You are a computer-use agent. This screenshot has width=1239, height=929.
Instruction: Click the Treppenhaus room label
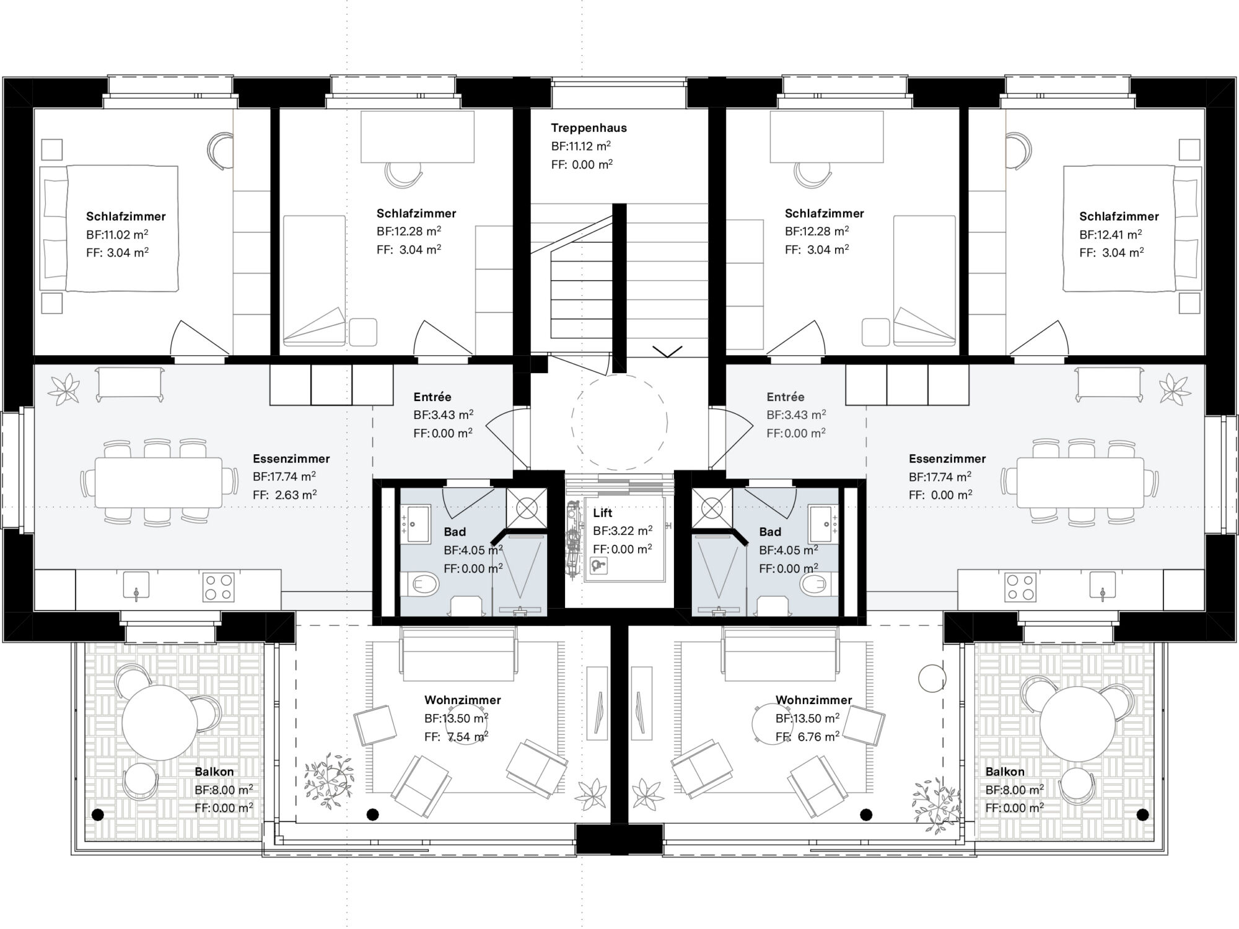tap(589, 128)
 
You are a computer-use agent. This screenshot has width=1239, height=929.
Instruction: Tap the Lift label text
tap(602, 513)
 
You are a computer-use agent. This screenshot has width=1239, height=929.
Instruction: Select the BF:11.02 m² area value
tap(117, 235)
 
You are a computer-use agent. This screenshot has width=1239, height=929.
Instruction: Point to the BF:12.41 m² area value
tap(1110, 235)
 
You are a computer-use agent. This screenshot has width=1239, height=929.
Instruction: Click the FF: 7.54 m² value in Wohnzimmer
tap(456, 737)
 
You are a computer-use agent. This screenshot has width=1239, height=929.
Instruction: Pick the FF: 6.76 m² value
tap(807, 737)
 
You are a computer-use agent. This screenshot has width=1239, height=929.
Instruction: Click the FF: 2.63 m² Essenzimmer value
tap(284, 495)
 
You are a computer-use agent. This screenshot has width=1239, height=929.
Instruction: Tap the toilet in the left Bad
tap(422, 583)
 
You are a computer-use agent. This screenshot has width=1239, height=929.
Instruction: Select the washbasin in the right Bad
tap(823, 523)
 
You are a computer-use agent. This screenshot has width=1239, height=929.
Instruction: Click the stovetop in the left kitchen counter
tap(219, 587)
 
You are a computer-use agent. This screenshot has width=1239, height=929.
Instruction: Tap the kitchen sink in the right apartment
tap(1102, 586)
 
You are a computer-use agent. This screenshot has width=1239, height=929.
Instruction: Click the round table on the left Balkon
tap(159, 723)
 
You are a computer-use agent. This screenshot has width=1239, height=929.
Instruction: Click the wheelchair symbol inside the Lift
tap(598, 565)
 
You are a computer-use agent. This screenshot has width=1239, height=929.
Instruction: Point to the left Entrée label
tap(432, 397)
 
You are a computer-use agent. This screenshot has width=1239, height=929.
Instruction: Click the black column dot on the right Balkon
tap(1142, 814)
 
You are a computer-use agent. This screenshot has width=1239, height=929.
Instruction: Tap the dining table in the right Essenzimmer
tap(1080, 482)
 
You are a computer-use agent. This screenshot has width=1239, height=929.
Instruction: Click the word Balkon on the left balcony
tap(214, 772)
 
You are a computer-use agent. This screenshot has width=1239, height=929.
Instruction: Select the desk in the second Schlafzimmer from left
tap(417, 137)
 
